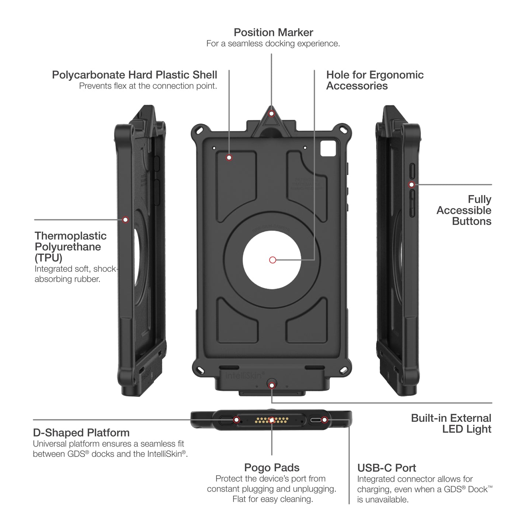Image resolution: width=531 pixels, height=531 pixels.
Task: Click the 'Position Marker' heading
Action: tap(273, 32)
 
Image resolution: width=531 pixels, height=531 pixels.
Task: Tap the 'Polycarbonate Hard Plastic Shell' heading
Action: tap(135, 75)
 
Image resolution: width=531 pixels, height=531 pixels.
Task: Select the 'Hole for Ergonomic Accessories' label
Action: tap(375, 80)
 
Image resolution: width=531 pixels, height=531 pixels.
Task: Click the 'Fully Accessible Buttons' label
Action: tap(464, 210)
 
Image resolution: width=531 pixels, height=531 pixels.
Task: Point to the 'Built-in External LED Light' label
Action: tap(451, 423)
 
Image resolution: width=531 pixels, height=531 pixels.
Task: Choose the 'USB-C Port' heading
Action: tap(386, 468)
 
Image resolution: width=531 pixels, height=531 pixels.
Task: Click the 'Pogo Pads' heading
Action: tap(272, 468)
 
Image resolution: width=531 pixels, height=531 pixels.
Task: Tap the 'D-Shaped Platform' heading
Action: tap(81, 433)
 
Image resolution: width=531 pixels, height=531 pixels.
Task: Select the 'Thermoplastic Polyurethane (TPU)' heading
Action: tap(70, 247)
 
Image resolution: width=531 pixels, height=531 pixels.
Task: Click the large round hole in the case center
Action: tap(272, 260)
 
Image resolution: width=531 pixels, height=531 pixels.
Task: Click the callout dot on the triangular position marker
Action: tap(272, 113)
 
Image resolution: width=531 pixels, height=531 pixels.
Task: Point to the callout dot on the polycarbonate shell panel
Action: tap(229, 158)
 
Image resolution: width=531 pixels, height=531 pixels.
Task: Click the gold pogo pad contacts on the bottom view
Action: tap(271, 420)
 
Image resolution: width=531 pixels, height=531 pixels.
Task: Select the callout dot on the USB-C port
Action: tap(324, 420)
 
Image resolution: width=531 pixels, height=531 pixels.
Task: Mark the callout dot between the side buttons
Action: tap(412, 184)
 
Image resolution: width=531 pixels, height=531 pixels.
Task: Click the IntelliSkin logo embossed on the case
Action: tap(243, 375)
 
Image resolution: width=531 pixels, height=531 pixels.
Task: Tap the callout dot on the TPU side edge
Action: tap(125, 220)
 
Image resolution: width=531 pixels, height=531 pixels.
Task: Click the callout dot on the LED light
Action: tap(272, 385)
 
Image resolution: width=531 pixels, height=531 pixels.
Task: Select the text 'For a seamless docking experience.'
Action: tap(273, 44)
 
